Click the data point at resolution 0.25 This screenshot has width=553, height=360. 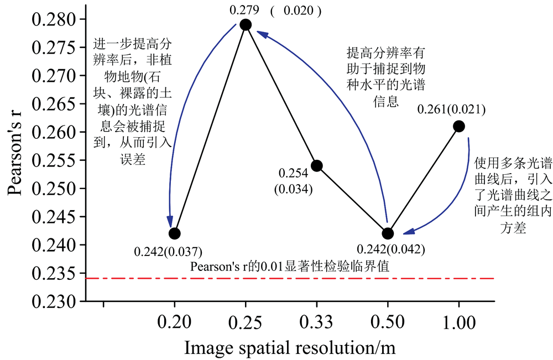pyautogui.click(x=246, y=24)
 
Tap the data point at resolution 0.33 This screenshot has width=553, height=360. pyautogui.click(x=316, y=165)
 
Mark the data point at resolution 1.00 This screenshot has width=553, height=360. pyautogui.click(x=458, y=126)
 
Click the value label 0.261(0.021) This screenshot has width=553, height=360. pyautogui.click(x=452, y=109)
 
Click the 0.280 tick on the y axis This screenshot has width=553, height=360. pyautogui.click(x=51, y=20)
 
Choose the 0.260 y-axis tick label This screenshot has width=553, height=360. pyautogui.click(x=51, y=133)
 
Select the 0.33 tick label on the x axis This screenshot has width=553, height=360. pyautogui.click(x=316, y=321)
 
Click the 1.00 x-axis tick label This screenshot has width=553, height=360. pyautogui.click(x=458, y=321)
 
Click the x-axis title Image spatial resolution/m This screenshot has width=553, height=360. pyautogui.click(x=291, y=348)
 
